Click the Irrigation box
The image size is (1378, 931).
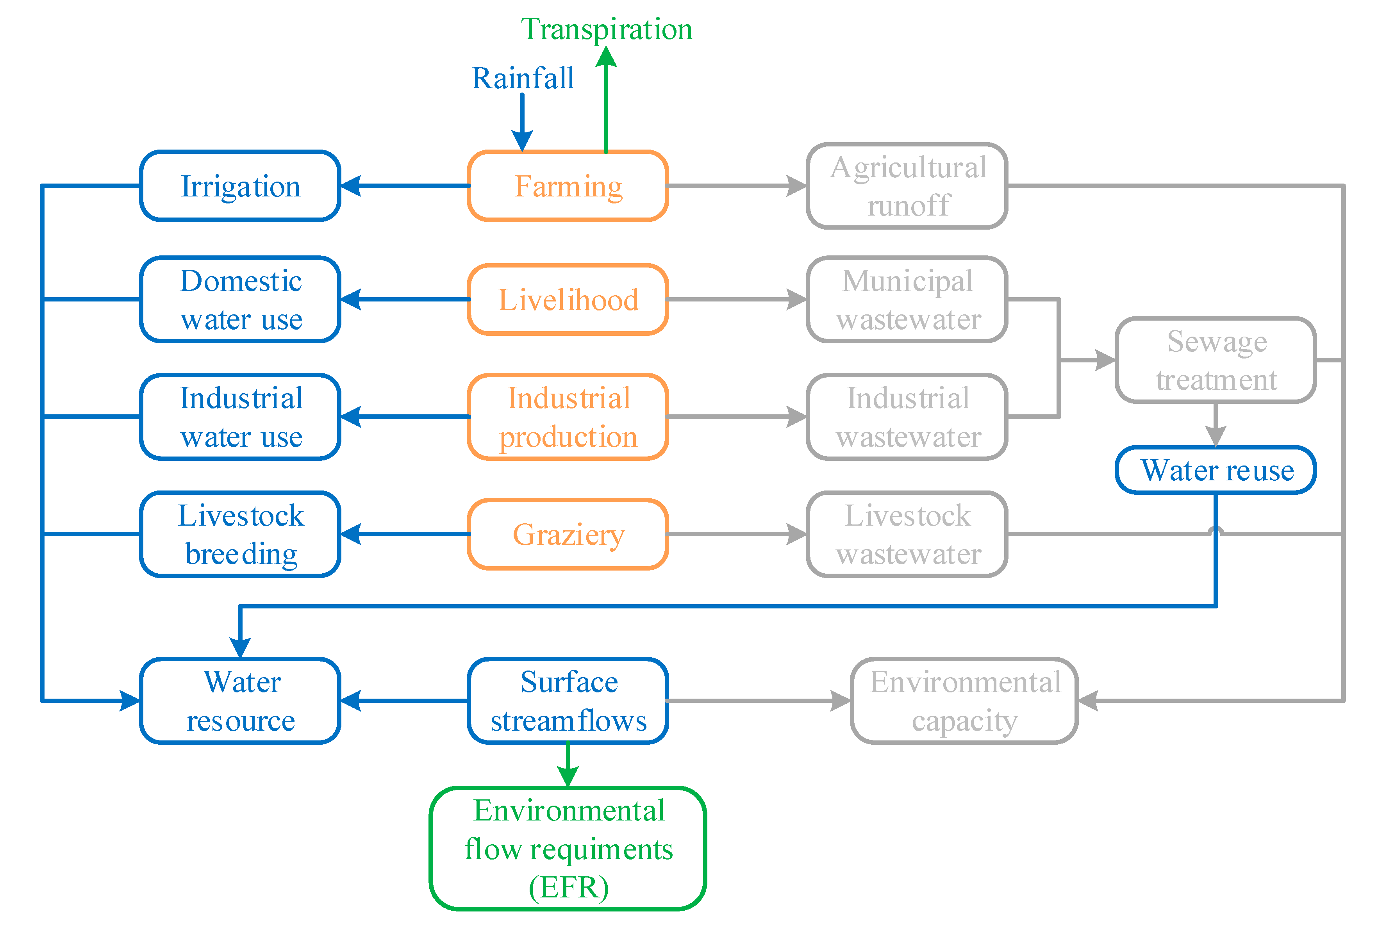[x=240, y=186]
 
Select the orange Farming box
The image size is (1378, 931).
[x=568, y=186]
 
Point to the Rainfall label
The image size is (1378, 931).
[x=522, y=78]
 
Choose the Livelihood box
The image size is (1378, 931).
[x=568, y=300]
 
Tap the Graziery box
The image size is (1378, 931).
[x=568, y=534]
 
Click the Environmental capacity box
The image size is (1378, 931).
[x=964, y=701]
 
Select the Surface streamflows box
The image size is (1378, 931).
[x=568, y=701]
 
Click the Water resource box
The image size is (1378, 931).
[x=240, y=701]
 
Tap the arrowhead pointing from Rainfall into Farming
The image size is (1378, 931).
[x=522, y=141]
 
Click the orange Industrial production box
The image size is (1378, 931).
[x=568, y=417]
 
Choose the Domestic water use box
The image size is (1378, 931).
[x=240, y=300]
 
